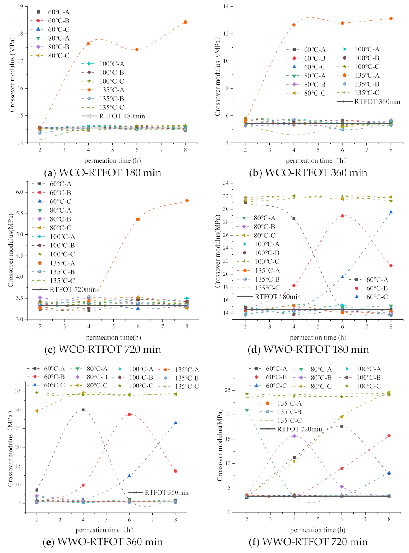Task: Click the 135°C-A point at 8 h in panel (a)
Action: click(186, 22)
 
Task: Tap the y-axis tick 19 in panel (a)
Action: click(20, 7)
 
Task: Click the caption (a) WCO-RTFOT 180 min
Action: click(102, 172)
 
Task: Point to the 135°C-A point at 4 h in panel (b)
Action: click(294, 25)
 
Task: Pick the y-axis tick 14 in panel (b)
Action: click(226, 7)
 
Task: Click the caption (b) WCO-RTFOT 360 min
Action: click(308, 172)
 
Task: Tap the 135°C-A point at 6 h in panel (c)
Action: click(138, 219)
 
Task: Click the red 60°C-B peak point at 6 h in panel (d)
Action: click(343, 216)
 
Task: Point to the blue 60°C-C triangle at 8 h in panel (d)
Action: click(391, 212)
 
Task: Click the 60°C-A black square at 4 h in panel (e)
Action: click(83, 410)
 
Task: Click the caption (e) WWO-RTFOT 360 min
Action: click(102, 542)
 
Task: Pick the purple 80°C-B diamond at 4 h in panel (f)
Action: click(294, 436)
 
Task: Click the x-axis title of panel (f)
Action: click(318, 530)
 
